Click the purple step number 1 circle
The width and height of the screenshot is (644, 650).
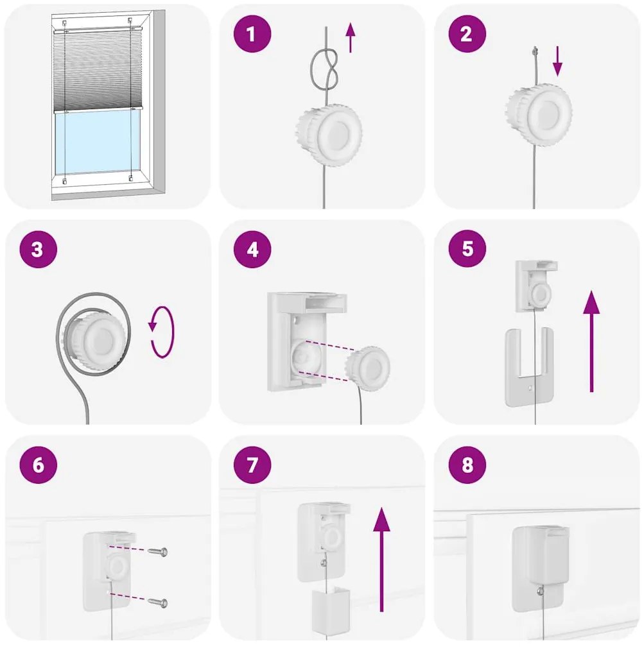pyautogui.click(x=252, y=33)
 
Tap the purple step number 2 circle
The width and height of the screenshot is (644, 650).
pyautogui.click(x=467, y=33)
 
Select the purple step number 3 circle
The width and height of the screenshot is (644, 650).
pyautogui.click(x=38, y=249)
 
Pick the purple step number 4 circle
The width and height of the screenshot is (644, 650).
pyautogui.click(x=252, y=249)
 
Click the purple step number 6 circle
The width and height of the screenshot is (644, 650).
pyautogui.click(x=38, y=465)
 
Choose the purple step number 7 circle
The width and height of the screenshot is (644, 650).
pyautogui.click(x=252, y=465)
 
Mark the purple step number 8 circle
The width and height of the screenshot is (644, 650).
pyautogui.click(x=467, y=465)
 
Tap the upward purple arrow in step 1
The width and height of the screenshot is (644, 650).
pyautogui.click(x=351, y=38)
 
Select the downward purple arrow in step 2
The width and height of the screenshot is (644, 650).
pyautogui.click(x=558, y=62)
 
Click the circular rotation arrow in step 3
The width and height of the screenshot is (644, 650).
pyautogui.click(x=162, y=332)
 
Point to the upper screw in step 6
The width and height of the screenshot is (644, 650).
pyautogui.click(x=157, y=552)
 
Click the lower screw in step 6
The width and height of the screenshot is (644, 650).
pyautogui.click(x=157, y=603)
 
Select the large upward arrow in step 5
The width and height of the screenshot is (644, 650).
pyautogui.click(x=591, y=341)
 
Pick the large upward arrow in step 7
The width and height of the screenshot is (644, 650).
pyautogui.click(x=381, y=560)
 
